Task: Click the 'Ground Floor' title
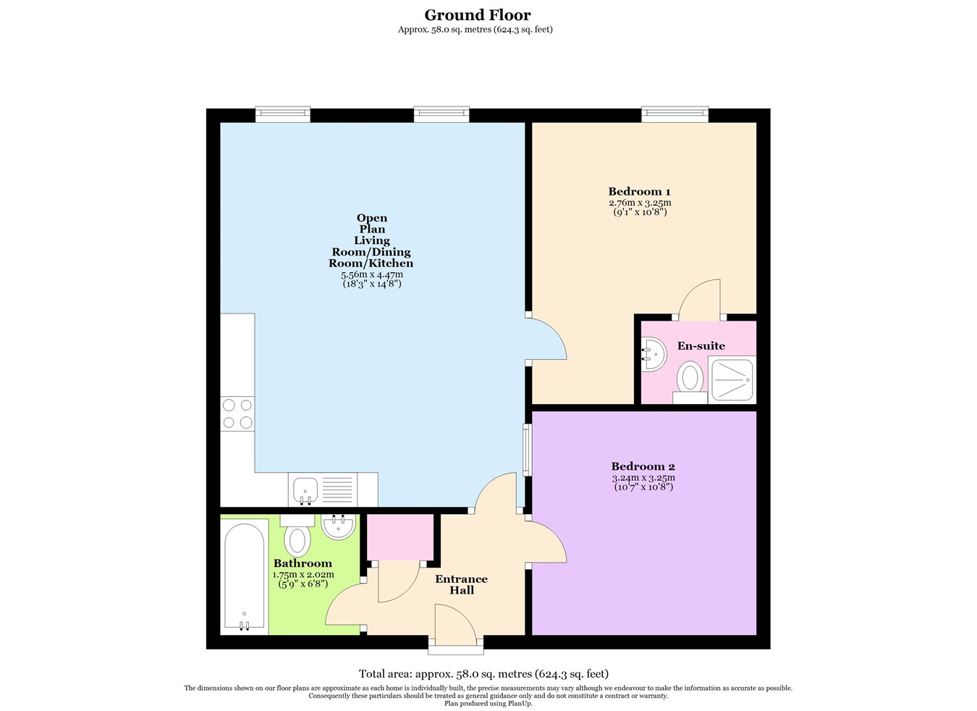point(477,15)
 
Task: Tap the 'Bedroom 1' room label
point(639,192)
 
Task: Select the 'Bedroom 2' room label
point(643,466)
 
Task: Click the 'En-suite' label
point(701,346)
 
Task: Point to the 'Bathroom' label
point(303,563)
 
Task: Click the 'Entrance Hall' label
point(461,584)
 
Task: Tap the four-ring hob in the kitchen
point(237,413)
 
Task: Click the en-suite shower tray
point(732,379)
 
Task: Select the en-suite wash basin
point(653,355)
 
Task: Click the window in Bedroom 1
point(674,114)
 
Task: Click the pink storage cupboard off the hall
point(400,537)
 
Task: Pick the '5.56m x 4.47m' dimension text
point(371,274)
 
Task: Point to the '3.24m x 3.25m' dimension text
point(643,478)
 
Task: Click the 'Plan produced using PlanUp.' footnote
point(488,703)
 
